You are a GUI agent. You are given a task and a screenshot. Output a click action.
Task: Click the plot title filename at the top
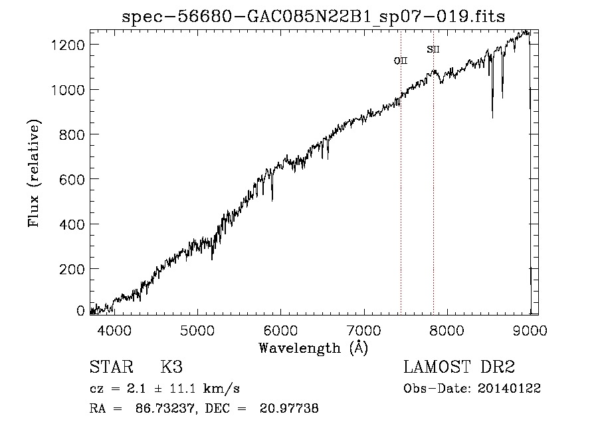(314, 17)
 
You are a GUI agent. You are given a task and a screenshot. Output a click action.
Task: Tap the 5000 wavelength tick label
(197, 329)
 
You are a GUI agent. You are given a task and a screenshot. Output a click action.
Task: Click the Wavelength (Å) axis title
(313, 347)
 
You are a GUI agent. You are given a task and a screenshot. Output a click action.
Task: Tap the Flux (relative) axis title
(33, 173)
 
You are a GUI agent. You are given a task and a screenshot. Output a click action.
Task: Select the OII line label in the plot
(401, 61)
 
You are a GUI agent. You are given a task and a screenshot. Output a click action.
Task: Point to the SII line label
(433, 49)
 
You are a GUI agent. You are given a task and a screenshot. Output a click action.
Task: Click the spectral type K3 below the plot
(171, 367)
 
